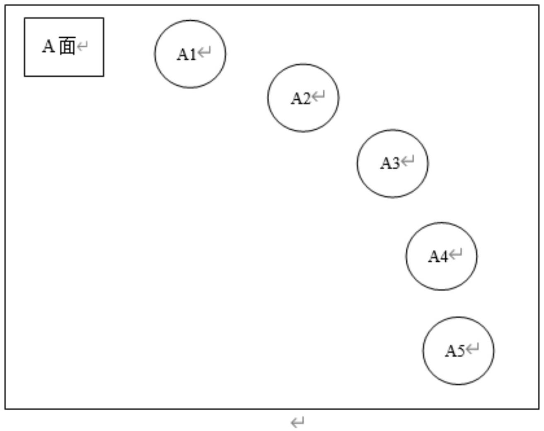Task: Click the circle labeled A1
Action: pyautogui.click(x=190, y=70)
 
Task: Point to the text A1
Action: pyautogui.click(x=186, y=54)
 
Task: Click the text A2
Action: pyautogui.click(x=300, y=99)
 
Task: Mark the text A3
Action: pyautogui.click(x=390, y=163)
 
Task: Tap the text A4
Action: pyautogui.click(x=438, y=256)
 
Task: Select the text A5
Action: pyautogui.click(x=455, y=351)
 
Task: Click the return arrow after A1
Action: pyautogui.click(x=204, y=53)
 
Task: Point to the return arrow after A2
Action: pyautogui.click(x=318, y=97)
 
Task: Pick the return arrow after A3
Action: pyautogui.click(x=408, y=161)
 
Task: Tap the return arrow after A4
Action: pyautogui.click(x=456, y=254)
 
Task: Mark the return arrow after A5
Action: pyautogui.click(x=473, y=349)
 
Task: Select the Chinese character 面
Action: pyautogui.click(x=67, y=46)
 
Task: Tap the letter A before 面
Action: pyautogui.click(x=48, y=46)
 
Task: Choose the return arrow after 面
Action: pyautogui.click(x=82, y=46)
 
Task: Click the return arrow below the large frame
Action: pyautogui.click(x=297, y=423)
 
